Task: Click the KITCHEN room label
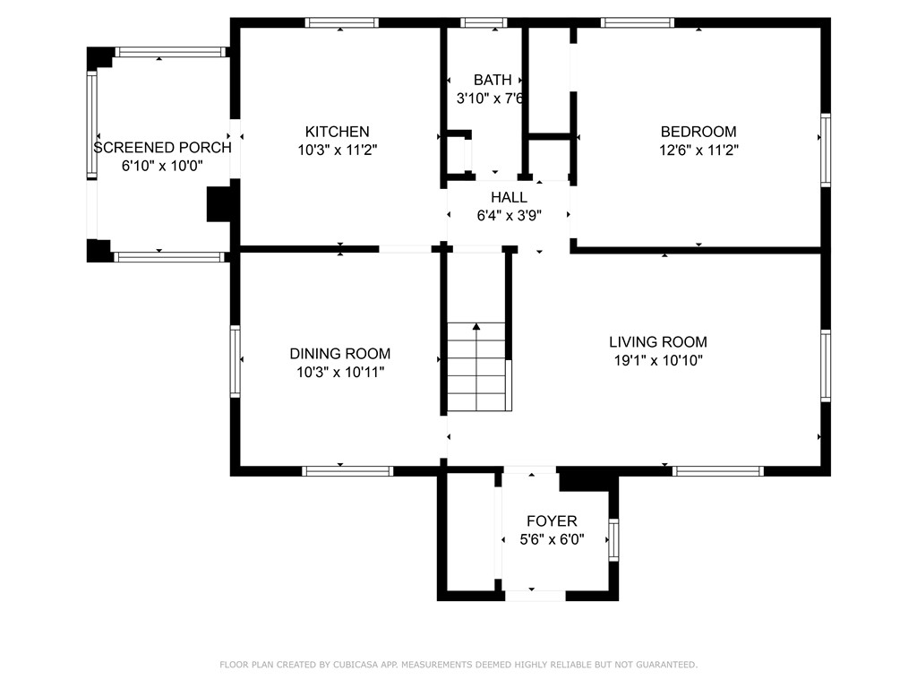(x=337, y=132)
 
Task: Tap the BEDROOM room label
(x=698, y=132)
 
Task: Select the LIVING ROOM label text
(x=657, y=341)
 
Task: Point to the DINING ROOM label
(x=339, y=354)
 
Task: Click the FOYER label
(x=552, y=521)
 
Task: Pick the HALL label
(x=509, y=197)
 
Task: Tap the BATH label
(x=493, y=80)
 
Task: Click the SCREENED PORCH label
(x=162, y=148)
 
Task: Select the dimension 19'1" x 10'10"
(x=657, y=361)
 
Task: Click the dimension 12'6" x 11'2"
(x=698, y=150)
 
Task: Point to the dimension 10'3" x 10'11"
(x=339, y=373)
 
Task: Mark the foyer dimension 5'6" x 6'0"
(x=552, y=539)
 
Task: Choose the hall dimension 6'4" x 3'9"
(x=509, y=216)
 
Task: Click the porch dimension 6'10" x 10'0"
(x=162, y=166)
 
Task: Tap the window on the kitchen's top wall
(x=341, y=22)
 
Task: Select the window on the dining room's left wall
(x=236, y=361)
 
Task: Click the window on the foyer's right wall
(x=613, y=539)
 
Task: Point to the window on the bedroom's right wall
(x=826, y=150)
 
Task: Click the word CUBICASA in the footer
(x=351, y=665)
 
